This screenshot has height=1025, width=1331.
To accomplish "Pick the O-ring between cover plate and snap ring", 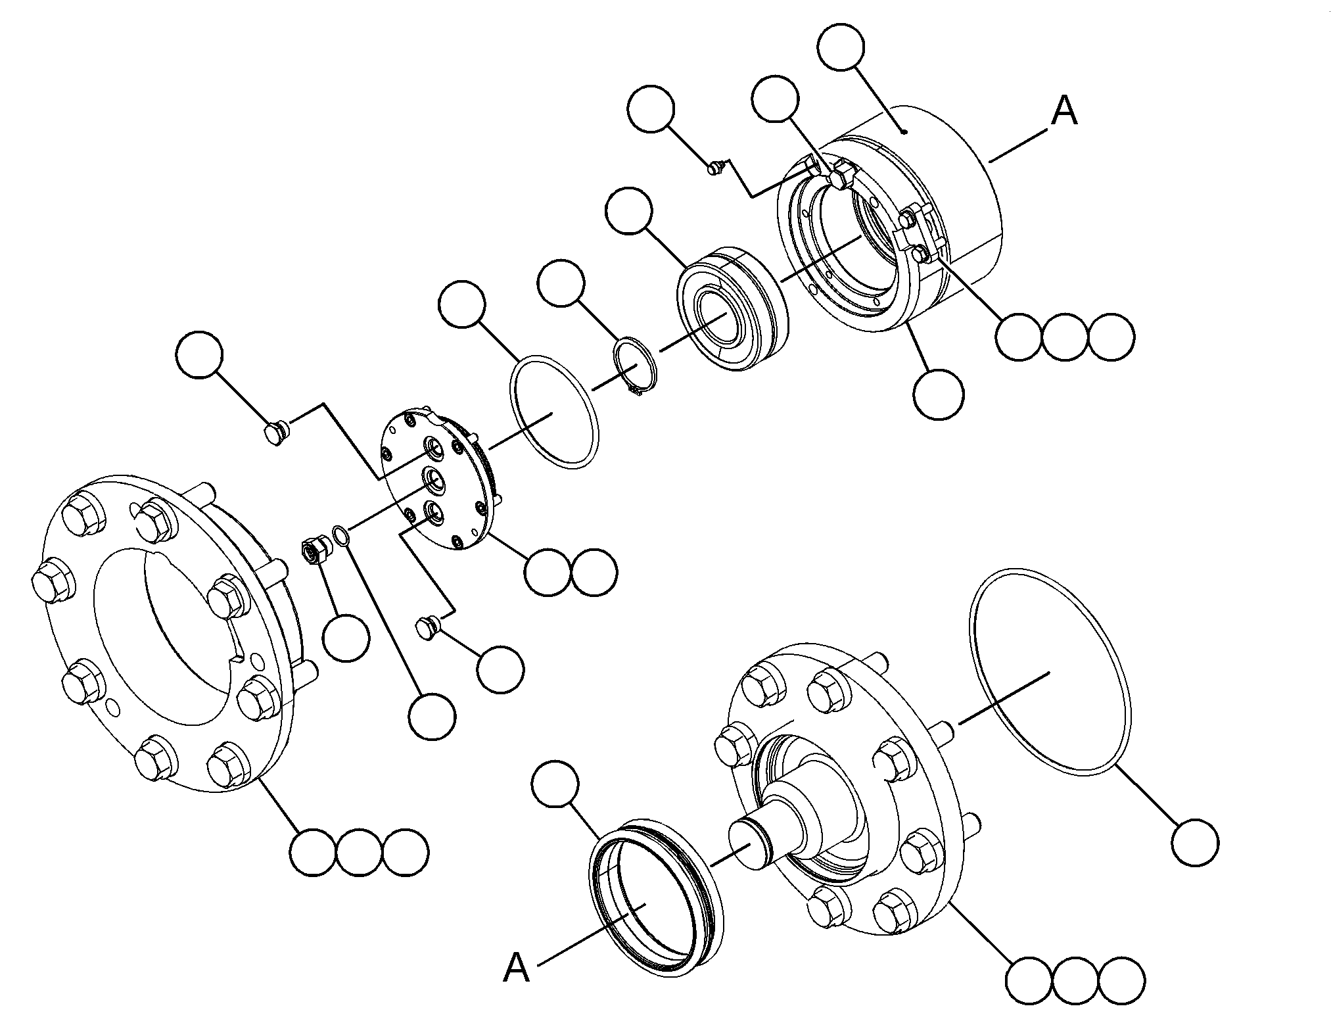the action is (x=554, y=412).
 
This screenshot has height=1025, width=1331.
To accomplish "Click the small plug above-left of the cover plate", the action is (x=273, y=431).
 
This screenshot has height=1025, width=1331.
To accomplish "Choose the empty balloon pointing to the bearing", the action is (x=630, y=210).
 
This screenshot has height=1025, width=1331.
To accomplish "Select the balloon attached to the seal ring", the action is (x=555, y=785).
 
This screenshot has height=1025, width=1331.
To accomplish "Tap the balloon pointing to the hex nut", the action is (x=346, y=638).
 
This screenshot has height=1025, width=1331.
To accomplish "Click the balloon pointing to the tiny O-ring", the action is (x=432, y=716).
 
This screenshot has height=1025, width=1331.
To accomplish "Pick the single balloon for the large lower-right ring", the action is (x=1195, y=842).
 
